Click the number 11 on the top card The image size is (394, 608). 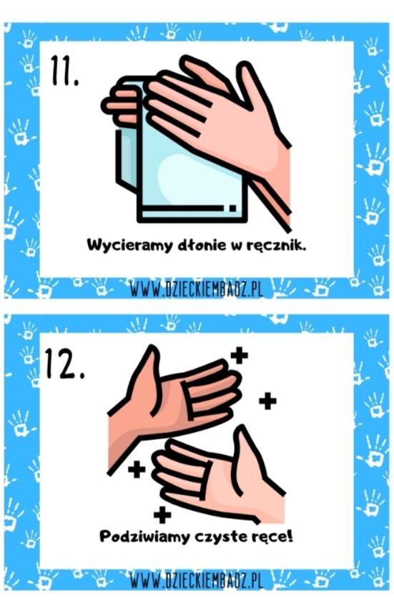tap(65, 71)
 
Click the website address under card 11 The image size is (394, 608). tap(197, 289)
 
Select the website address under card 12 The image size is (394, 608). tap(197, 580)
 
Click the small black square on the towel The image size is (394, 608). tap(232, 208)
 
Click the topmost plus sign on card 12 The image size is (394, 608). tap(239, 355)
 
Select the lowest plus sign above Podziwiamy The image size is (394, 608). tap(162, 515)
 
